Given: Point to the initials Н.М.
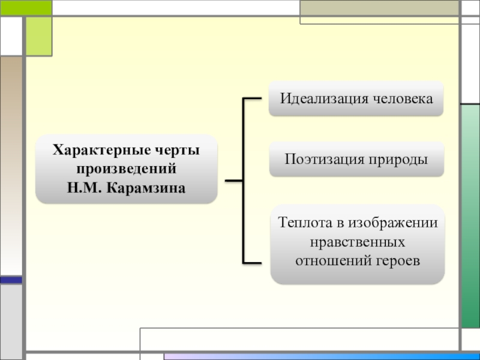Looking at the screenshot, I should pyautogui.click(x=86, y=188).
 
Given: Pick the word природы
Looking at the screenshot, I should pyautogui.click(x=397, y=160).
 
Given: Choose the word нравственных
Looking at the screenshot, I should pyautogui.click(x=357, y=242).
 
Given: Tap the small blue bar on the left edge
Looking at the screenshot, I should pyautogui.click(x=11, y=280).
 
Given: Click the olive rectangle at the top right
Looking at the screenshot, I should pyautogui.click(x=380, y=8).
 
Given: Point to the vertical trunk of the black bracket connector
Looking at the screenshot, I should pyautogui.click(x=244, y=180).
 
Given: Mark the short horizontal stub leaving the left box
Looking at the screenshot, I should pyautogui.click(x=233, y=180).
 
